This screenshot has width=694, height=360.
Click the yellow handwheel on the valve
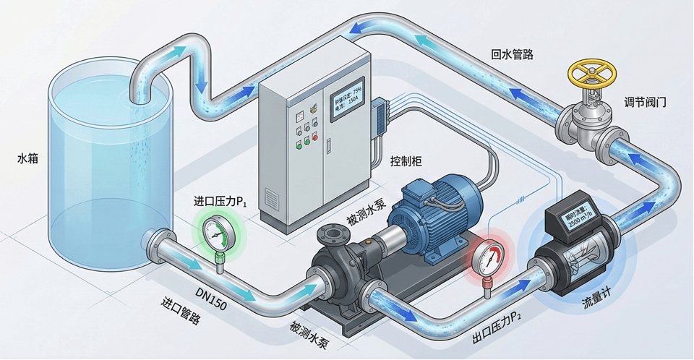pos(592,72)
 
